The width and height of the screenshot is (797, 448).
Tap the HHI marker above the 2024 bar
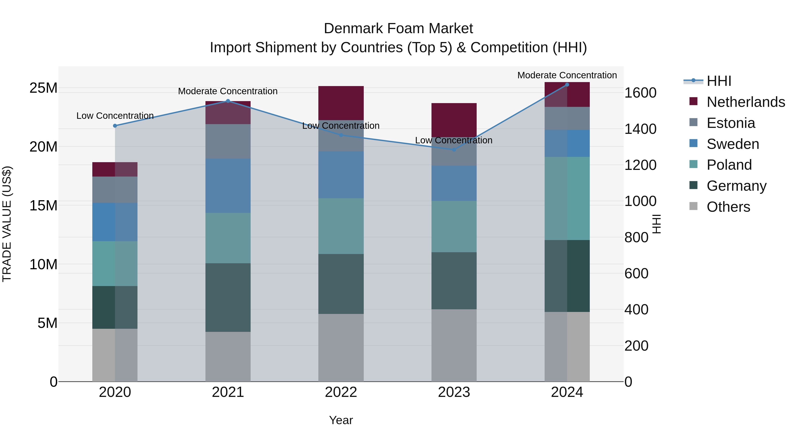click(567, 85)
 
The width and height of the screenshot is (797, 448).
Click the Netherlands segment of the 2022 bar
click(341, 103)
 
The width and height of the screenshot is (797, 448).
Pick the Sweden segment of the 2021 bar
click(228, 186)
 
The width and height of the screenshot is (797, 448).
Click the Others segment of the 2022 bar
click(341, 348)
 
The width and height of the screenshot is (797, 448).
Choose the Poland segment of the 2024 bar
click(567, 198)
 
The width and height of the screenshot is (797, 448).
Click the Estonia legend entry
click(731, 123)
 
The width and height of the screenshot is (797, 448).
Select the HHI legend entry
click(719, 81)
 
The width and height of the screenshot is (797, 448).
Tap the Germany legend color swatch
click(693, 185)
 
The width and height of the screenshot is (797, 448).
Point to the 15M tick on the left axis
click(43, 206)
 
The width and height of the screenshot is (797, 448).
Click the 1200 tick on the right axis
click(640, 165)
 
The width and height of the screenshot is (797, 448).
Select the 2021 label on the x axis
click(228, 392)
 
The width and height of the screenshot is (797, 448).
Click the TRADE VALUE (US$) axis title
click(7, 224)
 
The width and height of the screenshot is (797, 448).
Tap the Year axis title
click(341, 420)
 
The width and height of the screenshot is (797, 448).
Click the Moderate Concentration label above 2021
click(228, 91)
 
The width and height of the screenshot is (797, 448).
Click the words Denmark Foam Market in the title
click(398, 29)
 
